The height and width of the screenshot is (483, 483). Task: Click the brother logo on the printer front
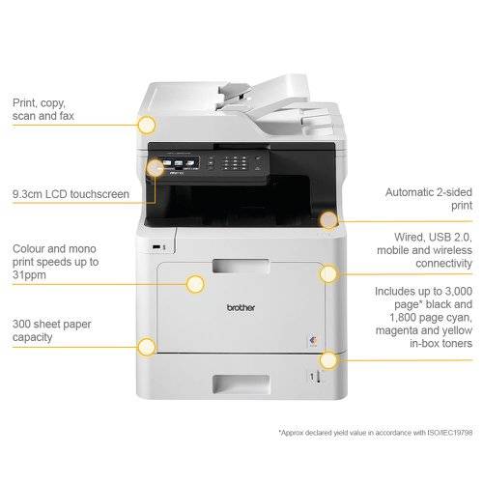click(241, 308)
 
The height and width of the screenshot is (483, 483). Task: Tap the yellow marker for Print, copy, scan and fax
click(147, 125)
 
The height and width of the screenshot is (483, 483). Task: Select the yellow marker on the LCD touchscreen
click(156, 168)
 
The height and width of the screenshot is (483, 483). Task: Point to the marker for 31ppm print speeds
click(195, 284)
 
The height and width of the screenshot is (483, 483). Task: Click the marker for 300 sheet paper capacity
click(147, 347)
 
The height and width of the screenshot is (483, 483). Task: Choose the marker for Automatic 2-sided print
click(328, 220)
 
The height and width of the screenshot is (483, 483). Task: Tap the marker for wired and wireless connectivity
click(328, 274)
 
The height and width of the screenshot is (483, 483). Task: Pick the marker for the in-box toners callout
click(328, 360)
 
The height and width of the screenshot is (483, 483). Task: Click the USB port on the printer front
click(156, 247)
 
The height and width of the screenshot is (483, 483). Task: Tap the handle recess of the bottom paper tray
click(241, 384)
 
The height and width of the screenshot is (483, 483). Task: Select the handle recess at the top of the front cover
click(241, 266)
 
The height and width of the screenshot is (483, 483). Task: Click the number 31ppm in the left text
click(29, 275)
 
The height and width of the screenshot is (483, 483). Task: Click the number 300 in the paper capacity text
click(21, 324)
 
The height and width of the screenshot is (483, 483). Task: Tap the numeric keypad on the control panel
click(235, 163)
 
